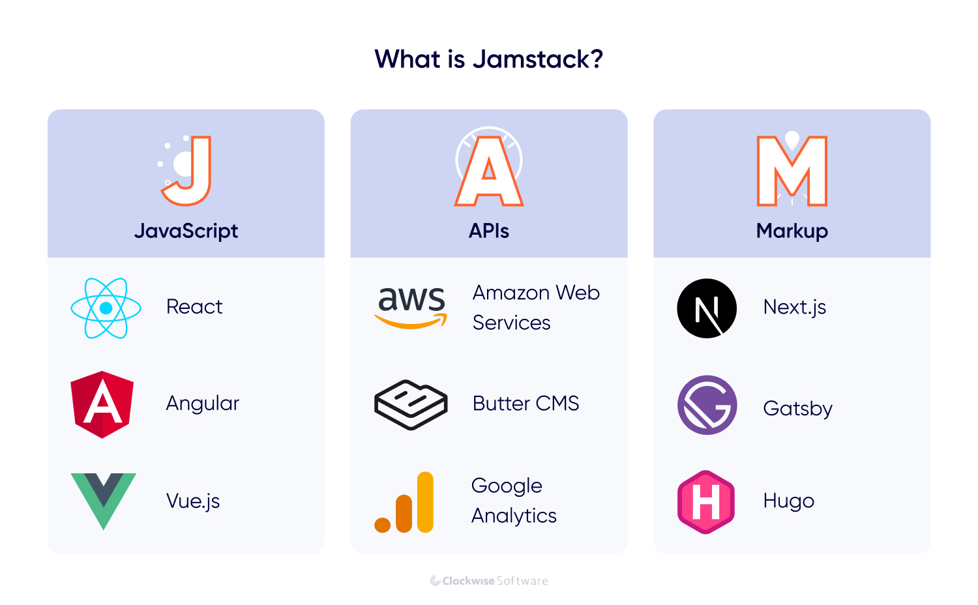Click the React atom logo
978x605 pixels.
pos(106,308)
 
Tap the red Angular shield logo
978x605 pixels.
pos(102,404)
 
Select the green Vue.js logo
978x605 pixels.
pos(103,499)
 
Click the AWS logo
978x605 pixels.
pos(411,306)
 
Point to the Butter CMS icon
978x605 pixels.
pos(411,404)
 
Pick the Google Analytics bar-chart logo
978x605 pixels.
pos(405,503)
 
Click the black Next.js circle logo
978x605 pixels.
pos(707,308)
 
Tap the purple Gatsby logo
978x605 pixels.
pos(707,405)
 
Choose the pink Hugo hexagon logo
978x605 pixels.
pos(706,502)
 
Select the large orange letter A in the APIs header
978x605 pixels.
pos(489,171)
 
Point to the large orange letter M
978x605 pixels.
pos(792,171)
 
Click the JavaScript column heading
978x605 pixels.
pos(186,231)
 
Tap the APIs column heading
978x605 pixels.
pos(489,231)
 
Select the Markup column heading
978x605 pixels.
pos(792,231)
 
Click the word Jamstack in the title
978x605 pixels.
pos(537,59)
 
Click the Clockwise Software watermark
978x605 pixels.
pos(489,581)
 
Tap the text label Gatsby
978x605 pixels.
pos(797,409)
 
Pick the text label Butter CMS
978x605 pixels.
pos(526,404)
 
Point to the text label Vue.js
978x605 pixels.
pos(193,501)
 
